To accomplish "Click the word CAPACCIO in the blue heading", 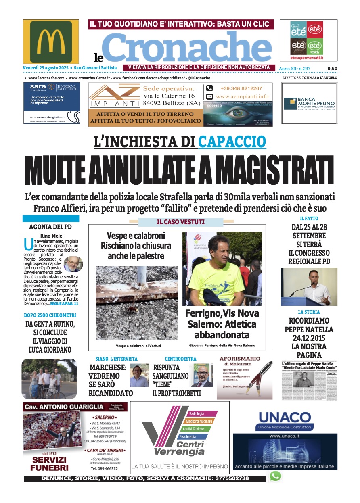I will point(232,142).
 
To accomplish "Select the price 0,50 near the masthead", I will point(332,69).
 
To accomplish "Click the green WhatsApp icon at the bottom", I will point(275,476).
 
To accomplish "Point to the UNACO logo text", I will point(285,417).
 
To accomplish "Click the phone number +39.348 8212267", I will point(241,88).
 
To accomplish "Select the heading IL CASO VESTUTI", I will point(180,222).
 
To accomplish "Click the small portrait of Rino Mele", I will point(73,264).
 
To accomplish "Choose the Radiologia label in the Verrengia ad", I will point(197,414).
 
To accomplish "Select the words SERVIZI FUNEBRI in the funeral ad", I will point(49,464).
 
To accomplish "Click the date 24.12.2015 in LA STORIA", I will point(305,338).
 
